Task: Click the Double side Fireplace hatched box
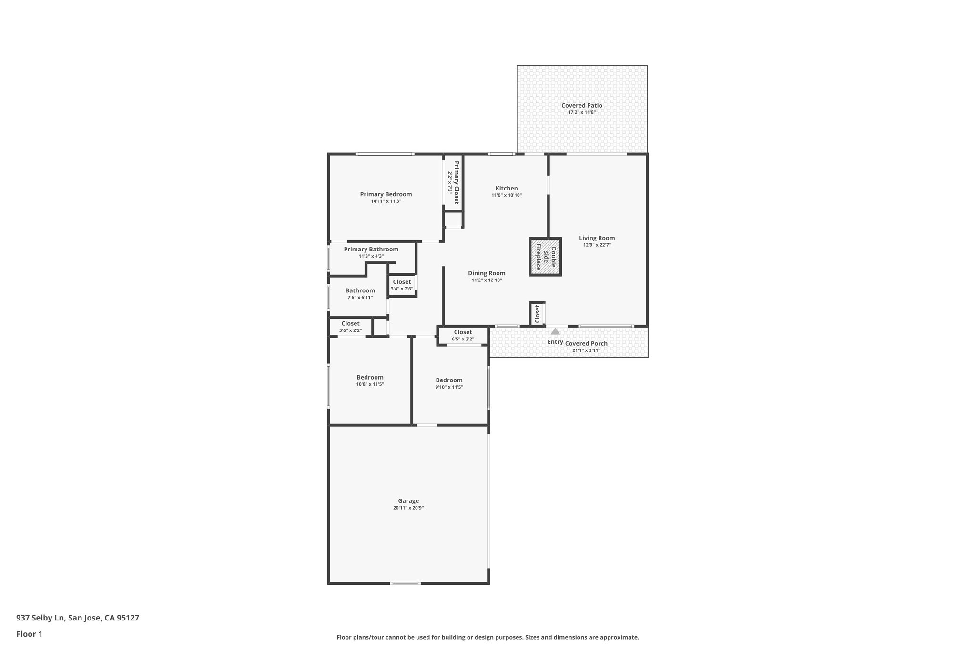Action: coord(545,257)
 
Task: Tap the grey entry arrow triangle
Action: coord(555,331)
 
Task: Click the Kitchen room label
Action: coord(506,189)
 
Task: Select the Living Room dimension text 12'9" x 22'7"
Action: coord(597,245)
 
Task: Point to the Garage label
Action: coord(408,501)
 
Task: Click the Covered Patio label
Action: coord(581,106)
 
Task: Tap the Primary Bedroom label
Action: coord(386,194)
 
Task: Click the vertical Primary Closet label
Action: coord(456,182)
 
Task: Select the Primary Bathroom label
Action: coord(371,250)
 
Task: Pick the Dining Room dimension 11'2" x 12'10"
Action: coord(487,280)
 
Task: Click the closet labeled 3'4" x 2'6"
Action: coord(402,285)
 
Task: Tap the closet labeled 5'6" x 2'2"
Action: coord(350,327)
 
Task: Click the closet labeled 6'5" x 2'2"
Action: coord(463,335)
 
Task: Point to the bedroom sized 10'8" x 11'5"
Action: coord(370,380)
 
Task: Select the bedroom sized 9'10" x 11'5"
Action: coord(449,383)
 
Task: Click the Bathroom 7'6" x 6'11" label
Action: coord(360,294)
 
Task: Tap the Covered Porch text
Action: coord(586,344)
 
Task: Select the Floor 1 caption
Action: coord(29,634)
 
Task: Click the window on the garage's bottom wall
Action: coord(405,583)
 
